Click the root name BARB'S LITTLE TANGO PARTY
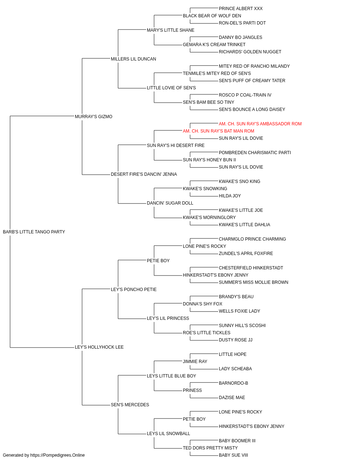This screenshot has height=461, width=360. pyautogui.click(x=34, y=232)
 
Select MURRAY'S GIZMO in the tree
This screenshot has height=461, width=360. pyautogui.click(x=94, y=117)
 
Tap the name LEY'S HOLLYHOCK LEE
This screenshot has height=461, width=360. pyautogui.click(x=99, y=347)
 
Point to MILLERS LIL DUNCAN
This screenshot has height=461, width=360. pyautogui.click(x=133, y=59)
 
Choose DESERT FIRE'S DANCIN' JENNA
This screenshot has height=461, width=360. pyautogui.click(x=144, y=174)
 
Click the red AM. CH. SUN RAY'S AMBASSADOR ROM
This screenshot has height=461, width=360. pyautogui.click(x=260, y=124)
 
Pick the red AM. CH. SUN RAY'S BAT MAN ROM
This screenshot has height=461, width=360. pyautogui.click(x=219, y=131)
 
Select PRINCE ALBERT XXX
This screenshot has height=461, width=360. pyautogui.click(x=240, y=9)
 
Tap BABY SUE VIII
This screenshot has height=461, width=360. pyautogui.click(x=233, y=455)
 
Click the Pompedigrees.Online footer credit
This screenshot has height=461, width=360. pyautogui.click(x=44, y=455)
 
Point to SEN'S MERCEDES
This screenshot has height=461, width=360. pyautogui.click(x=130, y=405)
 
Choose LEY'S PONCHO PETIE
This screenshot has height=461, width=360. pyautogui.click(x=134, y=290)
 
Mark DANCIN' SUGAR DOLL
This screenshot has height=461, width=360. pyautogui.click(x=170, y=203)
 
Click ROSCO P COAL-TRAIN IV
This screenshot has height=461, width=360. pyautogui.click(x=245, y=95)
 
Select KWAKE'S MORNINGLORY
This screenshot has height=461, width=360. pyautogui.click(x=209, y=218)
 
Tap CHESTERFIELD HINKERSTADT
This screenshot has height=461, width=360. pyautogui.click(x=251, y=268)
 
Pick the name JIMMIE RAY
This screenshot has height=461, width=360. pyautogui.click(x=195, y=362)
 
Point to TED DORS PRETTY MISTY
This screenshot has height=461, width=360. pyautogui.click(x=210, y=448)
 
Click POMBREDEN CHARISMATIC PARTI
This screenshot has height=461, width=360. pyautogui.click(x=255, y=153)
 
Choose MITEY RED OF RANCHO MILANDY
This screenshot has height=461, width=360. pyautogui.click(x=254, y=66)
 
